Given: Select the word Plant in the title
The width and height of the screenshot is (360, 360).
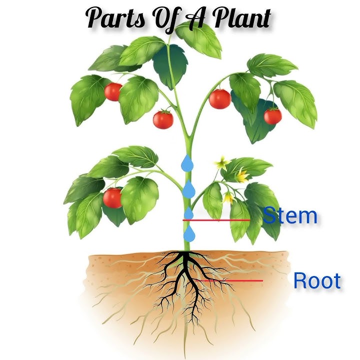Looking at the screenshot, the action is pyautogui.click(x=243, y=18).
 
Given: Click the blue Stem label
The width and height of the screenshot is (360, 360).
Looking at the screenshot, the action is pyautogui.click(x=290, y=216).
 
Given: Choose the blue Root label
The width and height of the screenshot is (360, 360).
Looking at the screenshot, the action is pyautogui.click(x=316, y=281).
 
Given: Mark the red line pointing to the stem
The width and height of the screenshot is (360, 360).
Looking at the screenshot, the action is pyautogui.click(x=216, y=220).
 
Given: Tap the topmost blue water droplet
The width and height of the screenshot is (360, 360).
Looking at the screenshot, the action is pyautogui.click(x=187, y=162).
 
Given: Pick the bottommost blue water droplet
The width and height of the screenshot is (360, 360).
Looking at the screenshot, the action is pyautogui.click(x=188, y=233).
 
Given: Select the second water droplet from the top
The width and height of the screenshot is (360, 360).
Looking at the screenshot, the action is pyautogui.click(x=188, y=189).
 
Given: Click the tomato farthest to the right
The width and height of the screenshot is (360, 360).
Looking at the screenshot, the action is pyautogui.click(x=272, y=116).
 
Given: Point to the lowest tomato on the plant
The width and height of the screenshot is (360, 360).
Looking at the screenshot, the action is pyautogui.click(x=112, y=198).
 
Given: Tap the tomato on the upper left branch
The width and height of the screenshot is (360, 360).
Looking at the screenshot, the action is pyautogui.click(x=113, y=91).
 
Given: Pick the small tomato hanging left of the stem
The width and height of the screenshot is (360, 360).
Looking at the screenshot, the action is pyautogui.click(x=162, y=119).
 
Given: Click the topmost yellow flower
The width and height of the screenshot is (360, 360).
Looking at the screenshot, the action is pyautogui.click(x=220, y=163).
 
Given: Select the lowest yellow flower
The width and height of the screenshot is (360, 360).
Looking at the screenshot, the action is pyautogui.click(x=228, y=197).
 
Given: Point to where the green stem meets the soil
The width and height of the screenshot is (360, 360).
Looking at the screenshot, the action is pyautogui.click(x=186, y=250).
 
